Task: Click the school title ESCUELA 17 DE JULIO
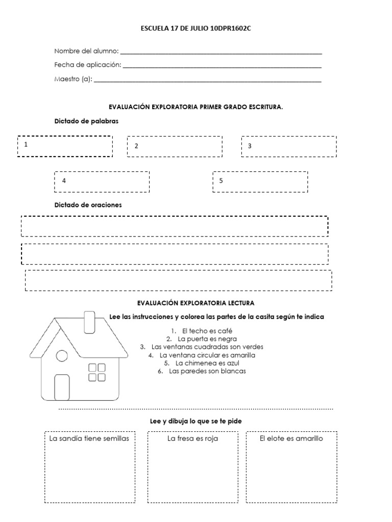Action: [x=196, y=29]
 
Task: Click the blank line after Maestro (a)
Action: [x=208, y=81]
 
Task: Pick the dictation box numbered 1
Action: [x=65, y=146]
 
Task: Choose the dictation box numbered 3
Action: [x=289, y=146]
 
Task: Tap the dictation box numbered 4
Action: [x=102, y=181]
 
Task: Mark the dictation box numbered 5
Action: [x=260, y=181]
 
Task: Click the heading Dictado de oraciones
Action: [x=88, y=205]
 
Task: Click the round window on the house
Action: [x=62, y=356]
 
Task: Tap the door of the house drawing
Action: [x=62, y=386]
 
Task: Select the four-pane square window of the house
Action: [x=97, y=372]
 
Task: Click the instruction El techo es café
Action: [x=203, y=331]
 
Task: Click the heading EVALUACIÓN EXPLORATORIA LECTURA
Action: [x=196, y=303]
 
